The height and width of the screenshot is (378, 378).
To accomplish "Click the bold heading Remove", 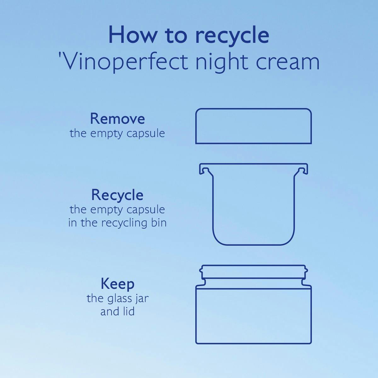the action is [x=117, y=119].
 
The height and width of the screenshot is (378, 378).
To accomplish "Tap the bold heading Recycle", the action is [x=117, y=195].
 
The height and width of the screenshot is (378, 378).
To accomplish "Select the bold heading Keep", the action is [x=117, y=284].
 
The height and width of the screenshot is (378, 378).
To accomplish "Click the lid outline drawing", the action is [x=254, y=108].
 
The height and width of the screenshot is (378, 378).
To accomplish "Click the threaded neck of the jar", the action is [x=254, y=272].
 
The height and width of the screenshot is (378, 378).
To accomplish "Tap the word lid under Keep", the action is [x=129, y=311].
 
